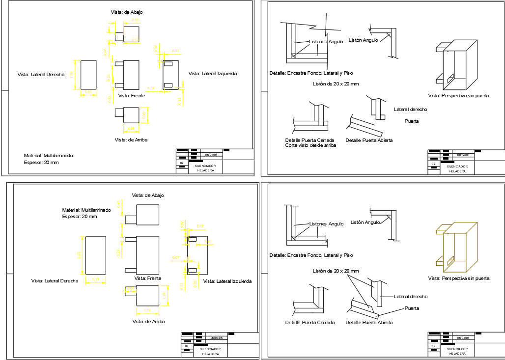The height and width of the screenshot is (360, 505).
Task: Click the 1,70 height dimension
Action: pyautogui.click(x=72, y=75)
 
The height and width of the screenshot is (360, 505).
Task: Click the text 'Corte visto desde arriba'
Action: pyautogui.click(x=310, y=145)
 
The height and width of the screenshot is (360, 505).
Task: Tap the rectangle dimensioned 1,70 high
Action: pyautogui.click(x=88, y=75)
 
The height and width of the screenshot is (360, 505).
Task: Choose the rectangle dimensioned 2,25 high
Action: pyautogui.click(x=95, y=255)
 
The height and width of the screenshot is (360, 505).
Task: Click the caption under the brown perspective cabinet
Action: pyautogui.click(x=459, y=278)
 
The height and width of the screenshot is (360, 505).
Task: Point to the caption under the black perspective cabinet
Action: pyautogui.click(x=459, y=96)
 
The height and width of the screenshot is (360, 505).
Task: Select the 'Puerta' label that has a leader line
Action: pyautogui.click(x=411, y=308)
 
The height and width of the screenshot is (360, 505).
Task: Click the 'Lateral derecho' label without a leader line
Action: pyautogui.click(x=410, y=110)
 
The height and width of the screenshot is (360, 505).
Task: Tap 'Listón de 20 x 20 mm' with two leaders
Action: pyautogui.click(x=336, y=271)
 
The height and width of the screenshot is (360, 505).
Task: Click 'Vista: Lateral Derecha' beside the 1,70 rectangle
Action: pyautogui.click(x=41, y=75)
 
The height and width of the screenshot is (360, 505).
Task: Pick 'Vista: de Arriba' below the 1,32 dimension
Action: pyautogui.click(x=148, y=321)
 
